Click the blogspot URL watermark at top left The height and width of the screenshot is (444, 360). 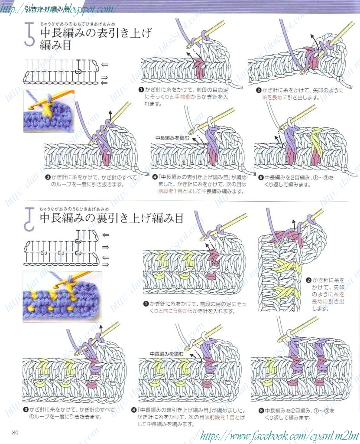pos(59,7)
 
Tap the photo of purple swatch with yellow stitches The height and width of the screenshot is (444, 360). pos(62,297)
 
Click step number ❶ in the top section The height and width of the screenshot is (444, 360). pos(141,90)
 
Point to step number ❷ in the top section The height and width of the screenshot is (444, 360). pos(259,91)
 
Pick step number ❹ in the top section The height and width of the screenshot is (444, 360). pos(155,177)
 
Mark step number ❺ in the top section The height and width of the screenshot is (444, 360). pos(261,177)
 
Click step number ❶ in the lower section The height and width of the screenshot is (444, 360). pos(146,304)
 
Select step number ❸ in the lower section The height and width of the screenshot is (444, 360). pos(26,409)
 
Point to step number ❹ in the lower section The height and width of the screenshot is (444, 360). pos(134,410)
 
